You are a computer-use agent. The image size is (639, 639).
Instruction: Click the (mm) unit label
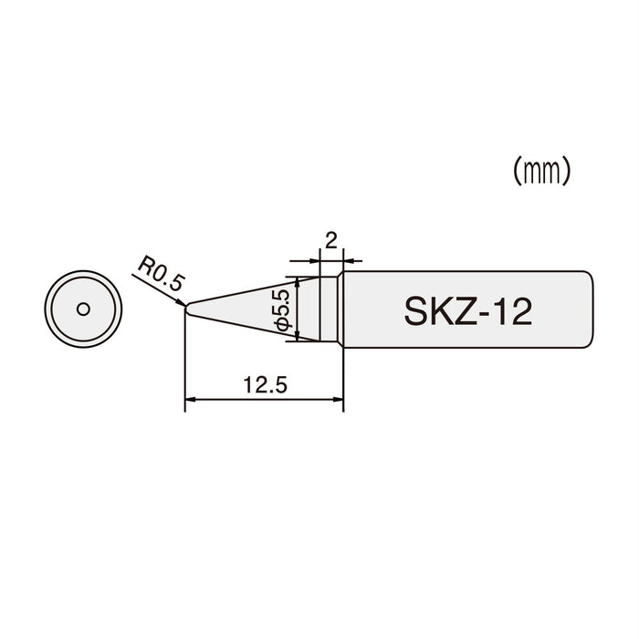[x=542, y=171]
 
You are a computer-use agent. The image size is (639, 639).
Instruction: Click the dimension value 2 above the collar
[x=331, y=241]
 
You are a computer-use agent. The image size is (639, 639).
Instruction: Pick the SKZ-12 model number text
[x=468, y=311]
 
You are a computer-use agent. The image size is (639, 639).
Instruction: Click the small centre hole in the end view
[x=82, y=309]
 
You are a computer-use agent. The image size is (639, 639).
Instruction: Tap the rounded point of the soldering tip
[x=187, y=309]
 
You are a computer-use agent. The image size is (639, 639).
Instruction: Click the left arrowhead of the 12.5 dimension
[x=190, y=398]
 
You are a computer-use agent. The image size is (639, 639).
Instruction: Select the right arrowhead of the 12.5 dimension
[x=339, y=398]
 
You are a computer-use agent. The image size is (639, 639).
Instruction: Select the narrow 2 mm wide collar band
[x=331, y=309]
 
